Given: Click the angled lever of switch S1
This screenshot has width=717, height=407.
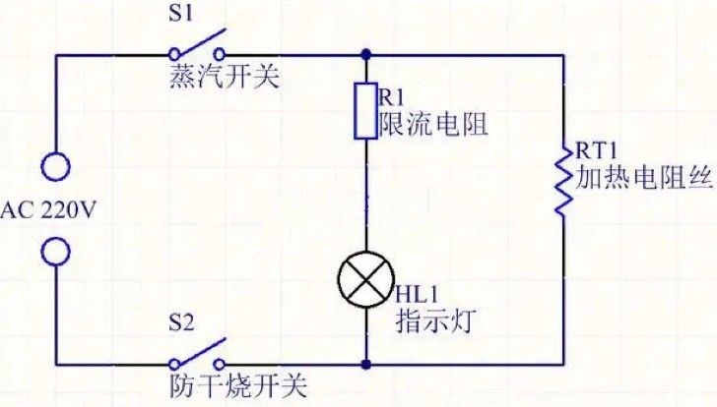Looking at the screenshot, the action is point(200,41).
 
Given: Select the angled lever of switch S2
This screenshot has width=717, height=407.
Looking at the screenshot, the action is point(200,351).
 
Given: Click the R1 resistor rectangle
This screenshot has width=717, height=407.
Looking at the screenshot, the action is point(365,110).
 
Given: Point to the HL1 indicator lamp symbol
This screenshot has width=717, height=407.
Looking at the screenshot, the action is point(365,279).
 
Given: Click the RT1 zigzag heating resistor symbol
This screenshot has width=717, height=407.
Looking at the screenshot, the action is point(563,180).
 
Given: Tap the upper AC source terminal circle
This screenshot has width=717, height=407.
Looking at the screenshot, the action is point(56,166).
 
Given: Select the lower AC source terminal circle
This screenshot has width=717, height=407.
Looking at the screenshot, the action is point(56,252).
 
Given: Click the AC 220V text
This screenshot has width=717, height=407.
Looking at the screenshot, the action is point(48,210).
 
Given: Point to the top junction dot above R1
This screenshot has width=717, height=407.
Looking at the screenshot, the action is point(365,55).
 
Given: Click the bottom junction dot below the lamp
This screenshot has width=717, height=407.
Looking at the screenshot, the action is point(365,364).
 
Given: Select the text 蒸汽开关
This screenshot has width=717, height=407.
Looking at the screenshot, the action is point(225,76).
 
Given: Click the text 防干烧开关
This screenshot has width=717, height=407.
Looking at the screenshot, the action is point(237,386).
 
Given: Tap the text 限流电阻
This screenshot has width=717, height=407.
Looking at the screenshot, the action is point(433,124).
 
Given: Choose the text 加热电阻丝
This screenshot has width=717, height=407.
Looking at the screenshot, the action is point(644,178).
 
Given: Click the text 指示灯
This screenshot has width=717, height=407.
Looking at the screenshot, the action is point(435,320).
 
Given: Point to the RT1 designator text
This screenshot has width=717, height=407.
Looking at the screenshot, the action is point(596,150).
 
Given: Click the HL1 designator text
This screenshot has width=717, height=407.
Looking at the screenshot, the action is point(417,294).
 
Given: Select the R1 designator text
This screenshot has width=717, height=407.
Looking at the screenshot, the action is point(392,96).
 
